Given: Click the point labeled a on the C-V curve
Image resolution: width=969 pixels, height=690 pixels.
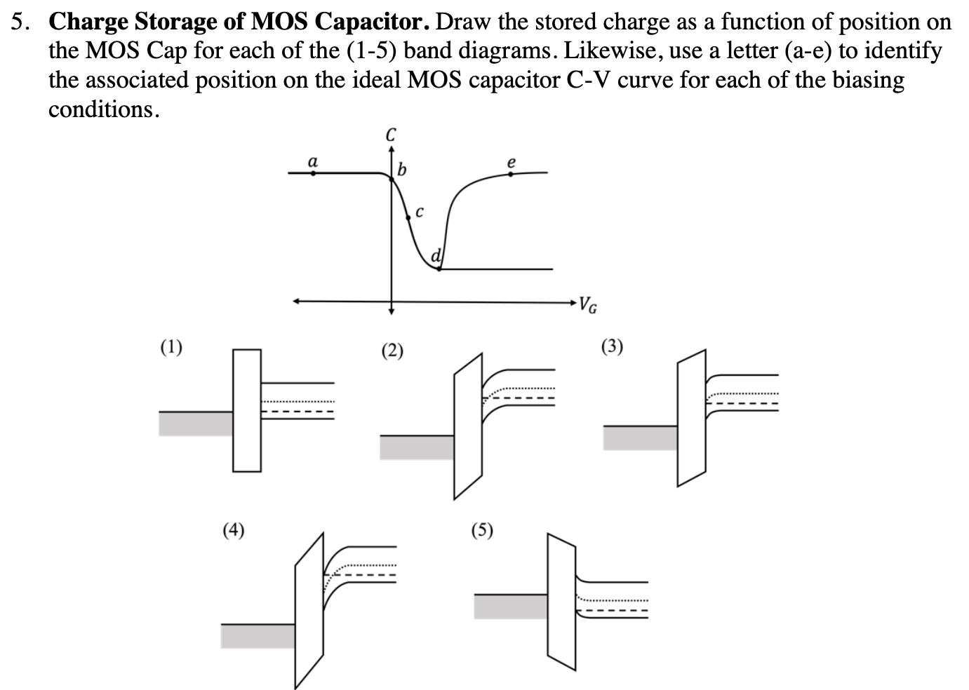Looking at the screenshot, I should coord(313,172).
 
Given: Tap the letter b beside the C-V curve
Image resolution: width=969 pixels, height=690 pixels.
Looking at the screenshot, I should coord(401,169).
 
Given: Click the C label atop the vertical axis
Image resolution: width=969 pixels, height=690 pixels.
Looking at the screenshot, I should coord(392,133).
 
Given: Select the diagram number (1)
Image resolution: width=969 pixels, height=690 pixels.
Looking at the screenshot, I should coord(171,346).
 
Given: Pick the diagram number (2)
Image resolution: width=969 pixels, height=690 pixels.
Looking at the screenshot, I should coord(392,350).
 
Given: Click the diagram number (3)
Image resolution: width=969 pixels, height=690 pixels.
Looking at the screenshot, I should coord(612,346).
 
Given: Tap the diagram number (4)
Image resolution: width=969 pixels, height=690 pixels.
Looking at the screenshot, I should coord(234,529).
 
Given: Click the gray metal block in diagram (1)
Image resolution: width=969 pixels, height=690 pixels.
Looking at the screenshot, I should coord(196,424).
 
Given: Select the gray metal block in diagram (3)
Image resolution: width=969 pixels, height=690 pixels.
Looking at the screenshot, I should coord(640,438).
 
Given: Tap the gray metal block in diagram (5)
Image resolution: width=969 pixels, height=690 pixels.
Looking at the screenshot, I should coord(510,606).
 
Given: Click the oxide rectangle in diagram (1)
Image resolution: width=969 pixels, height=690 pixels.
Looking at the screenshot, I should coord(247,410).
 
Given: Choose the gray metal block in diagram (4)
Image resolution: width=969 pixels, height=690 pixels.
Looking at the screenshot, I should coord(258,635).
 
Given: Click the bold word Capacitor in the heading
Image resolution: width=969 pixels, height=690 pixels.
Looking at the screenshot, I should coord(372,22).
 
